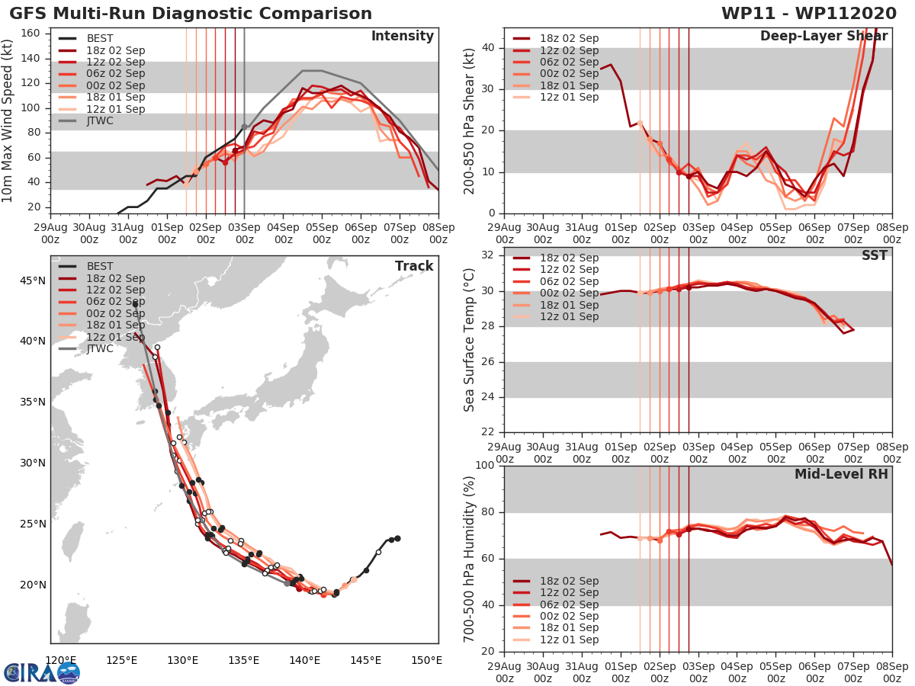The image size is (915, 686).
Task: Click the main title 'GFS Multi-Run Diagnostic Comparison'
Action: click(x=191, y=14)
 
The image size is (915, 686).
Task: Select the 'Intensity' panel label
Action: click(x=402, y=36)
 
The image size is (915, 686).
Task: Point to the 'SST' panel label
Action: click(x=875, y=255)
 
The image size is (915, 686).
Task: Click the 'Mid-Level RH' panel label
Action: click(x=841, y=474)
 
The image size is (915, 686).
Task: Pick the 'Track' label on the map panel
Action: click(x=414, y=266)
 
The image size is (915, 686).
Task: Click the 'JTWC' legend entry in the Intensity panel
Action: click(x=100, y=120)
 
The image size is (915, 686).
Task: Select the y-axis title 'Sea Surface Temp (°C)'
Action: click(x=470, y=340)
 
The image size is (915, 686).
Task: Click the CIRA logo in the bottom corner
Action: click(x=41, y=672)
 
